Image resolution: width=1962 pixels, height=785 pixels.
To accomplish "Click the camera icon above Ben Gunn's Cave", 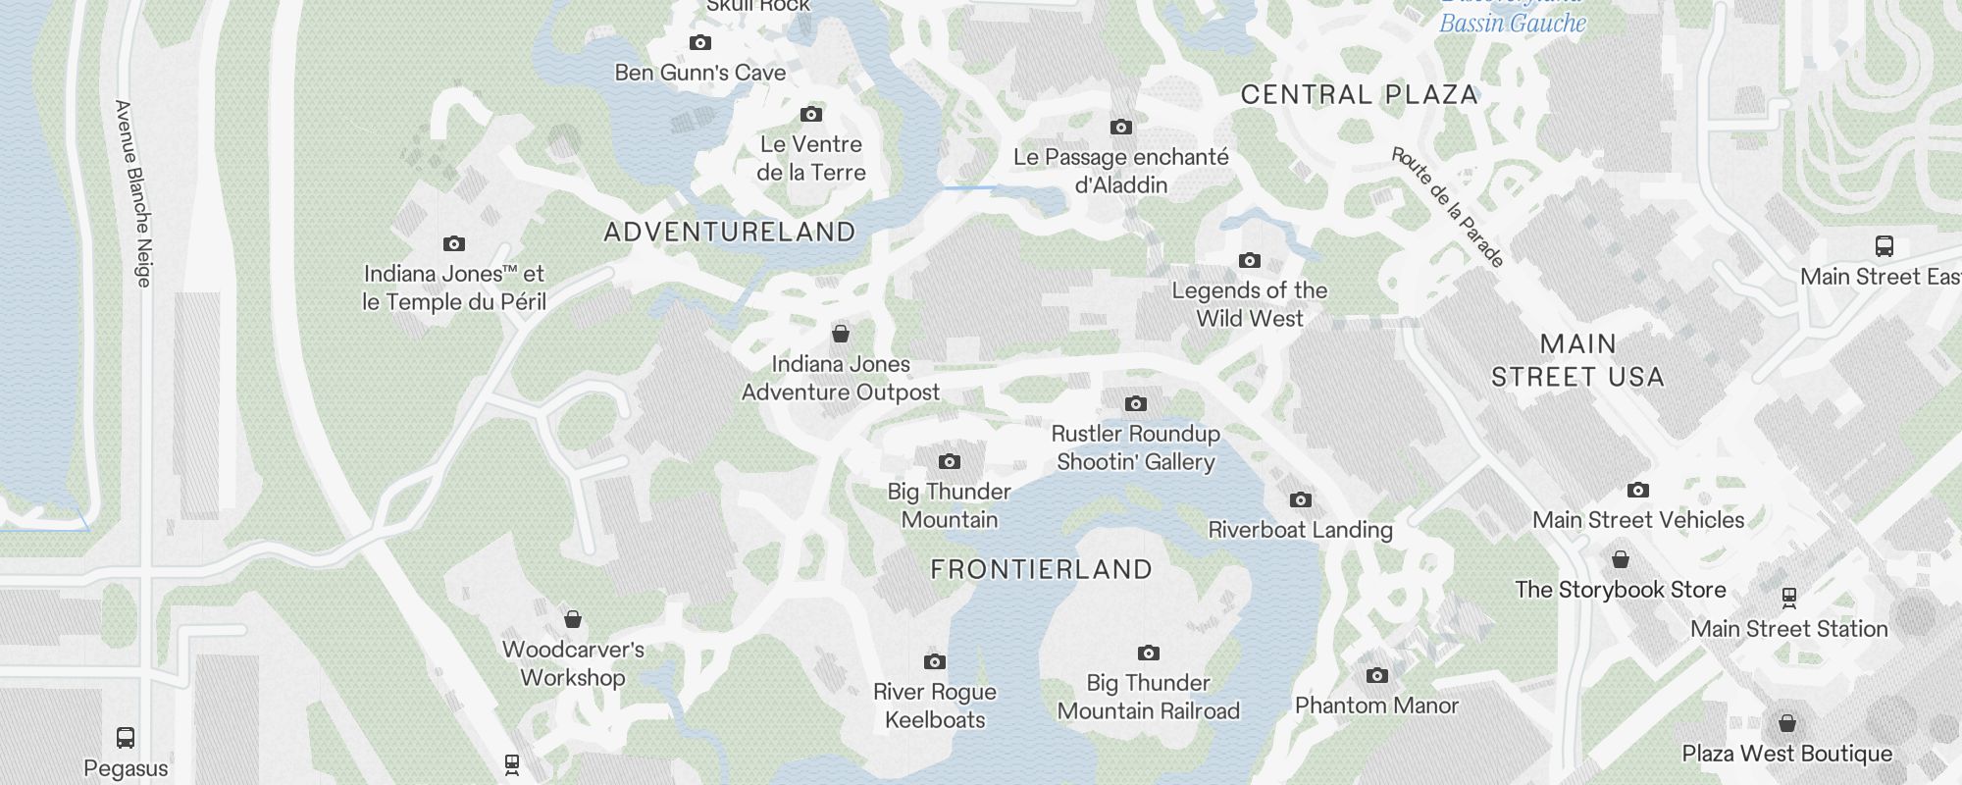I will [699, 43].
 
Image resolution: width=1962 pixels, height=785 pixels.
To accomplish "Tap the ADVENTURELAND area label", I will [730, 233].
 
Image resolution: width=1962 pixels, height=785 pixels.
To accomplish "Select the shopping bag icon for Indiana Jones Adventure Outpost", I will [841, 335].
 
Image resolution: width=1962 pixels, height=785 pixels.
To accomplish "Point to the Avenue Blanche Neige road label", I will [133, 193].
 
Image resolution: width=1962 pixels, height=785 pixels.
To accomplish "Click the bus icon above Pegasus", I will [126, 738].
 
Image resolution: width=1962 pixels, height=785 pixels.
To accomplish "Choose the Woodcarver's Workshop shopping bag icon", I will [573, 619].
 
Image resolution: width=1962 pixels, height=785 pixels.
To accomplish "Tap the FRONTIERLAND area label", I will [1041, 570].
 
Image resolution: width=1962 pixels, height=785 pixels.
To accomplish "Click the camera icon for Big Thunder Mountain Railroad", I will [1149, 654].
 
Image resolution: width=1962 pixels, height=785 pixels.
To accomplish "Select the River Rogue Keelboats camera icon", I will [935, 662].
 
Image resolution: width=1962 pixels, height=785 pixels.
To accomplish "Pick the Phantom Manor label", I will [1376, 706].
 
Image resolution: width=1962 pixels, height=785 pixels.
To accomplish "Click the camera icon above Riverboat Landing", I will [1301, 500].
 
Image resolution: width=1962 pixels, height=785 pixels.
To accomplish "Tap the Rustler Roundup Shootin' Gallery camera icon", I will [1136, 404].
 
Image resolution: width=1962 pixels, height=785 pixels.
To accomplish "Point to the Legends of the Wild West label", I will [1250, 304].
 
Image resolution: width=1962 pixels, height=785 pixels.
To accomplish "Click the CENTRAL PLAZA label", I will [1360, 95].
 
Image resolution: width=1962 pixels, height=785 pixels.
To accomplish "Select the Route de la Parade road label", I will [1448, 207].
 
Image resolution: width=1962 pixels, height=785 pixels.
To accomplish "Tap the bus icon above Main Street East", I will [1884, 246].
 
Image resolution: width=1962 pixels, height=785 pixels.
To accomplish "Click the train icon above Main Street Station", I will [1789, 598].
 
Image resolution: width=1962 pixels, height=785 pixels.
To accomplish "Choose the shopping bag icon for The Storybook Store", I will [1621, 560].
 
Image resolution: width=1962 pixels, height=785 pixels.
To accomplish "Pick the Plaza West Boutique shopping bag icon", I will [1787, 724].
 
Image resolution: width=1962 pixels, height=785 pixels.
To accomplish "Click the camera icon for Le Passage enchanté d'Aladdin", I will [1121, 128].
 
